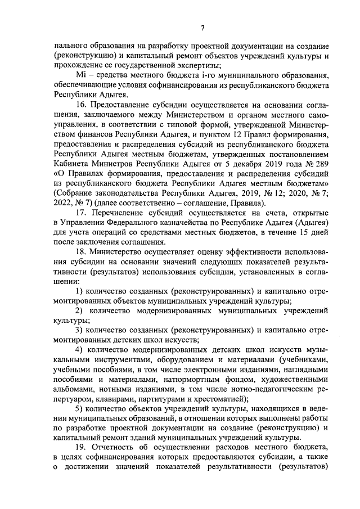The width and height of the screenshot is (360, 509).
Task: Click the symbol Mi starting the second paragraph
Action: (x=79, y=76)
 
